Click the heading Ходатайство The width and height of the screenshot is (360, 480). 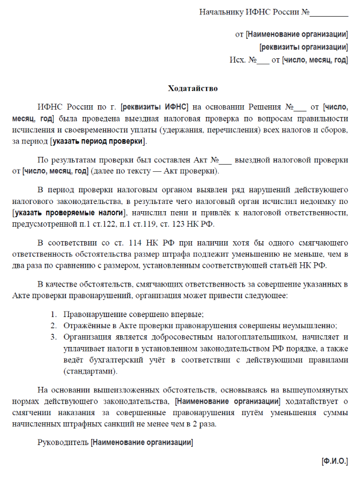pyautogui.click(x=193, y=88)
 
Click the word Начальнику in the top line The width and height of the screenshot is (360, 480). pyautogui.click(x=222, y=12)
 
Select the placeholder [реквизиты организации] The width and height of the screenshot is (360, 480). pyautogui.click(x=304, y=47)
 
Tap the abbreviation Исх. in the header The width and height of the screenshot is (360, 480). pyautogui.click(x=237, y=60)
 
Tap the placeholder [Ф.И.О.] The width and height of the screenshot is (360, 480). pyautogui.click(x=335, y=461)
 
